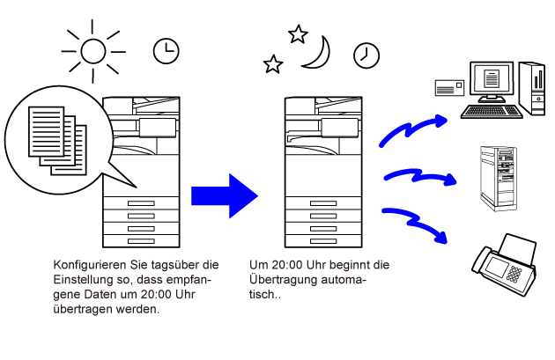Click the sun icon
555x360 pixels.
(x=93, y=50)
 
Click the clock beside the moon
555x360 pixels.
(x=364, y=55)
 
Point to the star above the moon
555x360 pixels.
(x=299, y=33)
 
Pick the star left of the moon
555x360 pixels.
(x=274, y=63)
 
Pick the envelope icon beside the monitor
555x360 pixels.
(x=448, y=87)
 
